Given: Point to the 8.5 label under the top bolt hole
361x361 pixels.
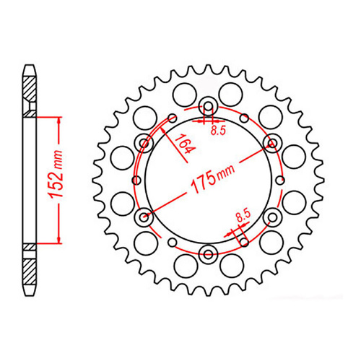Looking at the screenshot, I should (x=217, y=131).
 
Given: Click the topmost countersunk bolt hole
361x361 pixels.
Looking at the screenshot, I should (x=209, y=105).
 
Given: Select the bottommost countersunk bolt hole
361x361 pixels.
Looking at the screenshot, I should (x=209, y=252).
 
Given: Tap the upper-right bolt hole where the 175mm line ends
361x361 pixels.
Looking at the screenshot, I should (x=272, y=142).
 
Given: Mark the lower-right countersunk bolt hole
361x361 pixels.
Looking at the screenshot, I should (x=272, y=215).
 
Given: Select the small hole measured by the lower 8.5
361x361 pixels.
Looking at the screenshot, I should (x=245, y=234).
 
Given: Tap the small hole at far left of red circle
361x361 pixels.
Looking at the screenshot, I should (x=135, y=178).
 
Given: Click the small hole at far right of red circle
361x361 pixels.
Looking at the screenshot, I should (x=282, y=178).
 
